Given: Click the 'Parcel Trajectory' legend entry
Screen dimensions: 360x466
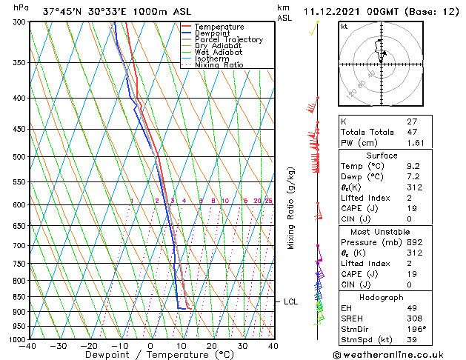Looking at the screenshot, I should (228, 39).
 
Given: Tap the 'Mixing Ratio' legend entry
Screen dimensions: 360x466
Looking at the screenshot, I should (219, 65).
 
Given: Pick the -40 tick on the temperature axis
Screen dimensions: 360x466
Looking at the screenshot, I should (28, 346).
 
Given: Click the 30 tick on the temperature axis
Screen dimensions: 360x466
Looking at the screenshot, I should (242, 346).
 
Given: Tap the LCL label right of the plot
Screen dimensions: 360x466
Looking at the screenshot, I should (291, 301).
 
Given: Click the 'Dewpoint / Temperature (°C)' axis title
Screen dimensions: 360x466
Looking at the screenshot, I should (150, 355).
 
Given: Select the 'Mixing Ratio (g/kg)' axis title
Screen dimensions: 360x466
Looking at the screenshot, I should (292, 207).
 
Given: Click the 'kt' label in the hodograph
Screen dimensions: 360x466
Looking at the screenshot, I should (344, 27).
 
